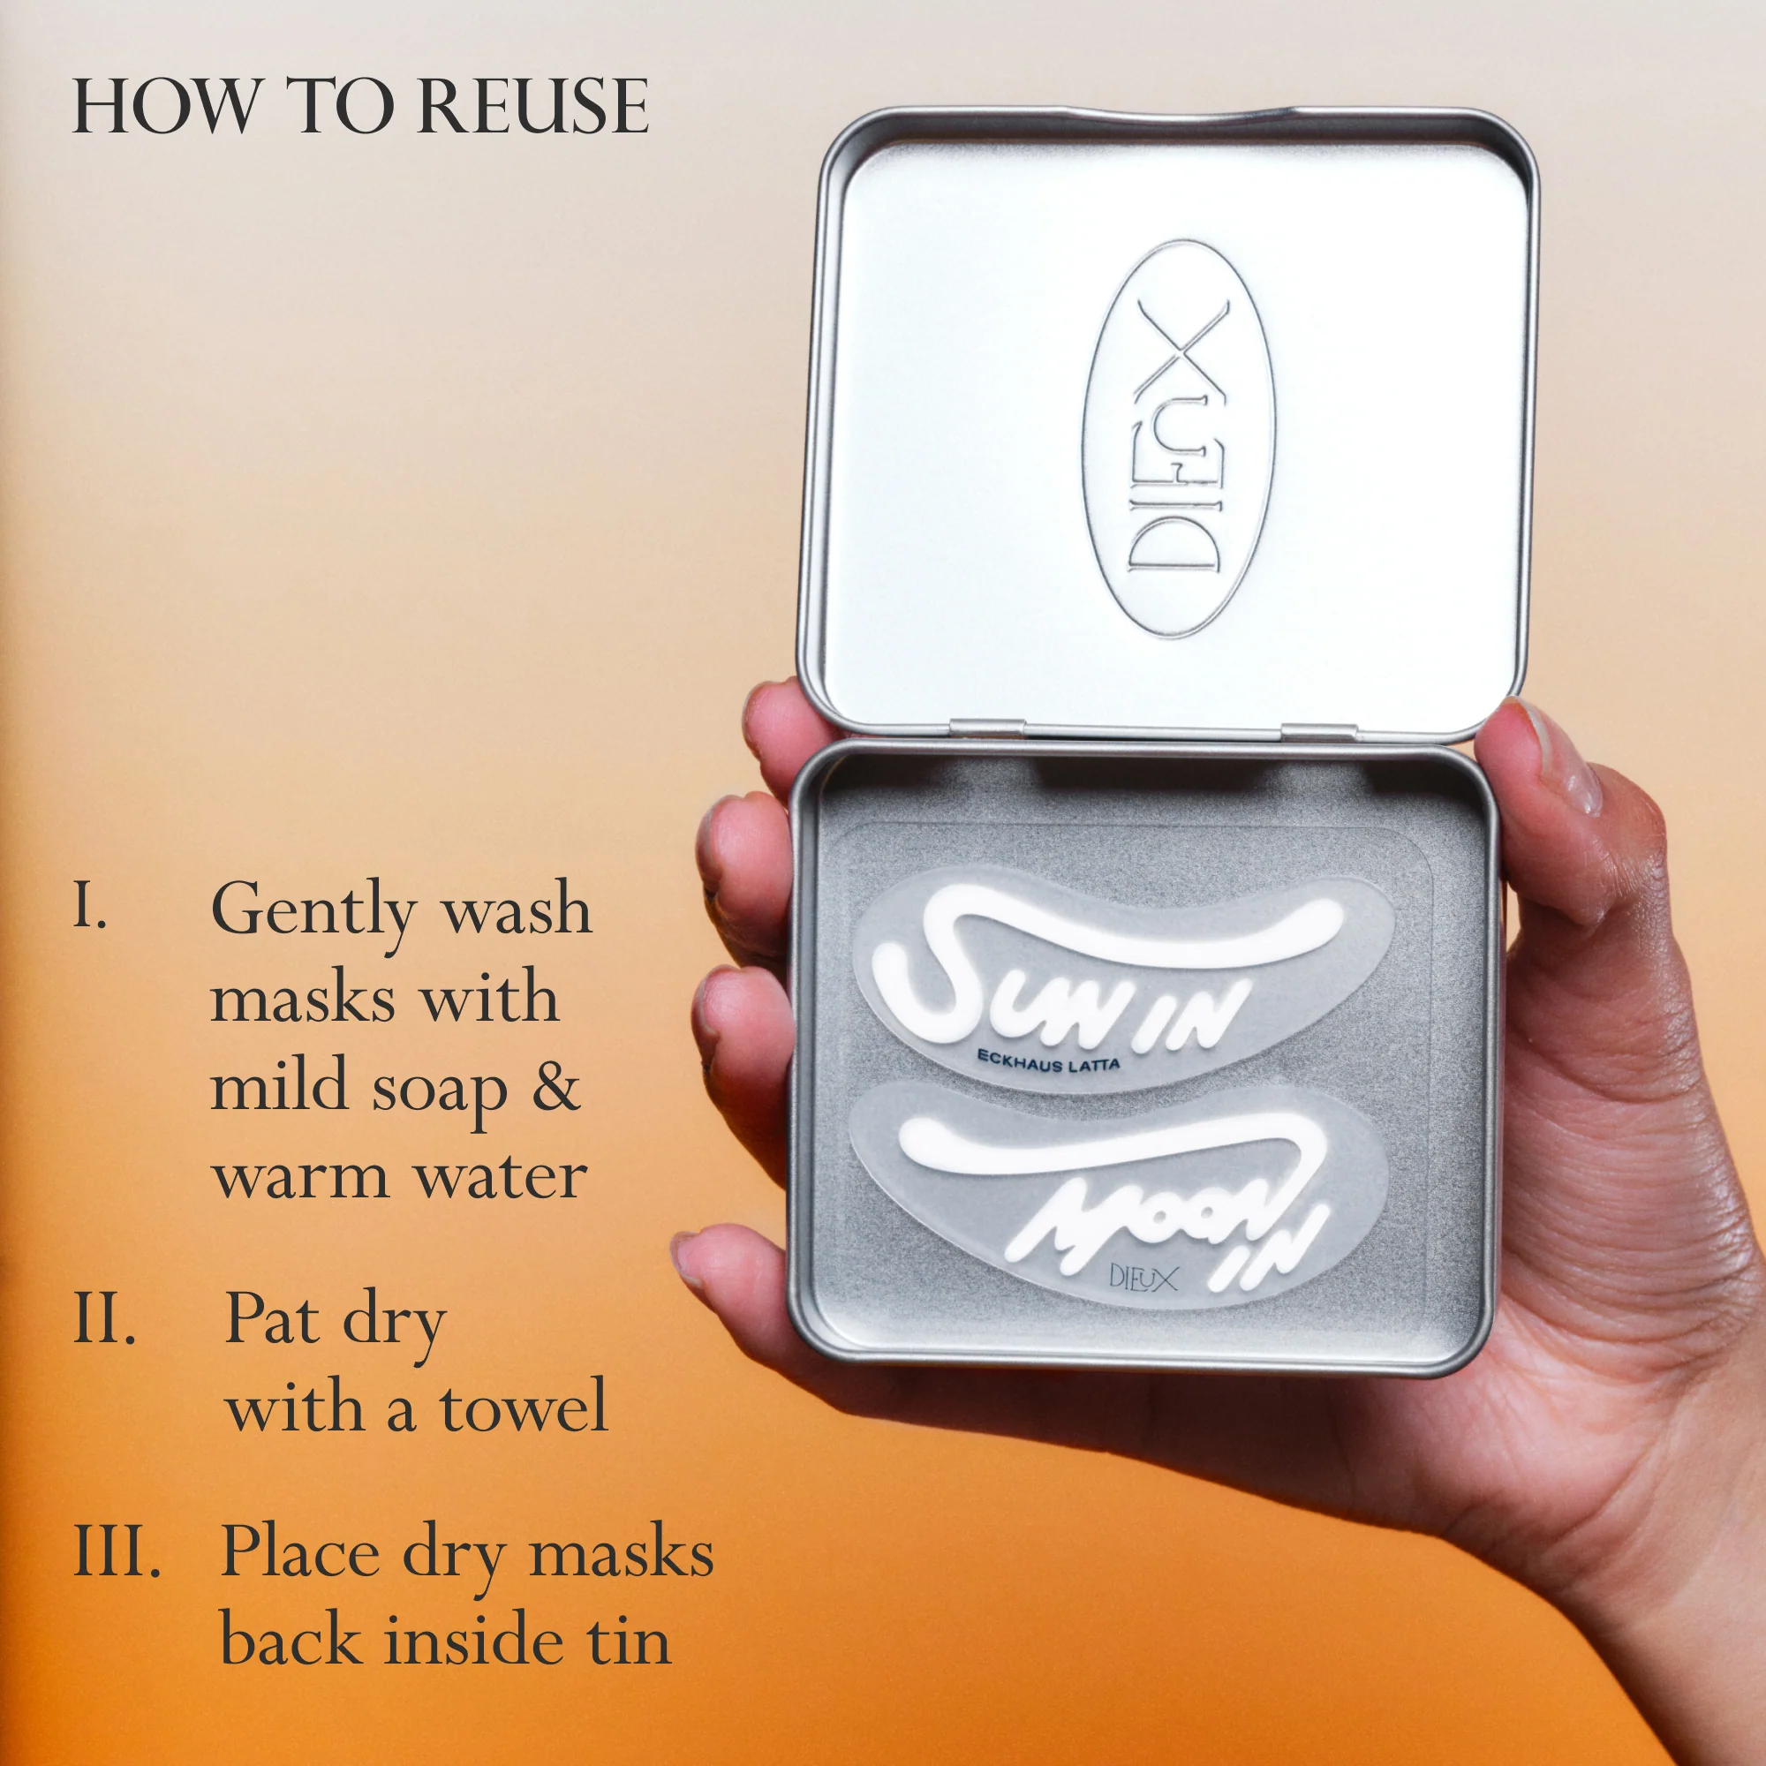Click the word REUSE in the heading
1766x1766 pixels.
tap(536, 106)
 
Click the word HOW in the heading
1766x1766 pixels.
tap(164, 106)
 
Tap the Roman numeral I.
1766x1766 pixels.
tap(89, 906)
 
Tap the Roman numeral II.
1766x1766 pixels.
tap(104, 1319)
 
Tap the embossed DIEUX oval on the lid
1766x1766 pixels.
tap(1178, 439)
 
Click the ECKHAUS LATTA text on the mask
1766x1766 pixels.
tap(1047, 1060)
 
